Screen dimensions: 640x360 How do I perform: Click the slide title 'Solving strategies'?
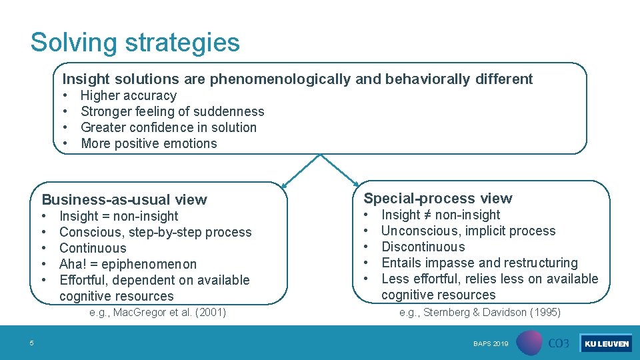[x=135, y=43]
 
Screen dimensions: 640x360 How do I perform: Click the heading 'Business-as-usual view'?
[x=125, y=199]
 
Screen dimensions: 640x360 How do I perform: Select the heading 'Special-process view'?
[x=437, y=198]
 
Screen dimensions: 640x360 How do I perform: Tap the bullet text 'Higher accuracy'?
[x=128, y=95]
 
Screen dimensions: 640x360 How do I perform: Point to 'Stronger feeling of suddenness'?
[x=172, y=111]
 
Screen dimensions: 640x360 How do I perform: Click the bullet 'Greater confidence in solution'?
[x=168, y=127]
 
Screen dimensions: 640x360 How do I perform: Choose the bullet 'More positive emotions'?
[x=149, y=143]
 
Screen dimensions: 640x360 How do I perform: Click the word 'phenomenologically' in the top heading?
[x=280, y=79]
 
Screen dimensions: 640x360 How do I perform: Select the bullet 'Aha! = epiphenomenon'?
[x=128, y=264]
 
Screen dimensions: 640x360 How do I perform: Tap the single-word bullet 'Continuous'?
[x=93, y=248]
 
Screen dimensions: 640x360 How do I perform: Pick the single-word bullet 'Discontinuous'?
[x=423, y=247]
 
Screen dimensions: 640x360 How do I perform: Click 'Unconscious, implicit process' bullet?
[x=468, y=231]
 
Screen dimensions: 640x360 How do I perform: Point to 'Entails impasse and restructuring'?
[x=479, y=263]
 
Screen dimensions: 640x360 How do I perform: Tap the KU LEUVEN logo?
[x=606, y=343]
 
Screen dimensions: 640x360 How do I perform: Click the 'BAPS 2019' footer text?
[x=491, y=344]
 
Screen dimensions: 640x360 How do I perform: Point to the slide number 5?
[x=31, y=343]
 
